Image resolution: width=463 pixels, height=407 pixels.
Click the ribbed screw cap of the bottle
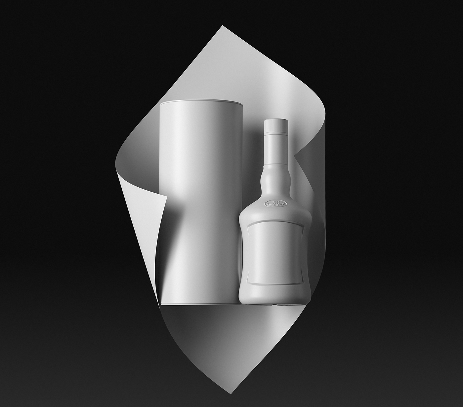click(277, 126)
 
